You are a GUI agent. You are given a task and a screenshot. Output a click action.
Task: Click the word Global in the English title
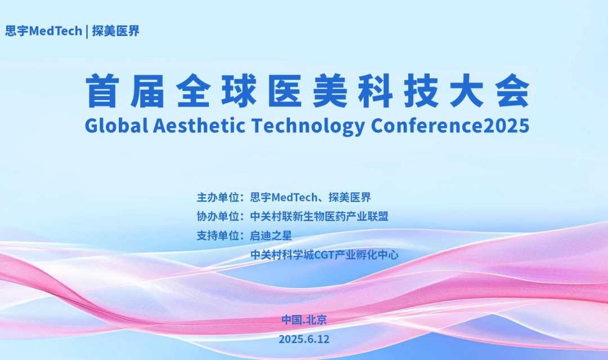(117, 125)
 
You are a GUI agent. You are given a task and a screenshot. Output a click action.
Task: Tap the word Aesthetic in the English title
(199, 125)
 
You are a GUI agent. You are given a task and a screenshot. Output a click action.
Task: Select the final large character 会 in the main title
(513, 91)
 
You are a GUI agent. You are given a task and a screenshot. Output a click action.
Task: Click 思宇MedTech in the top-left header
(43, 31)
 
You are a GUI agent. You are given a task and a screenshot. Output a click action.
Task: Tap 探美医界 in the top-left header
(115, 31)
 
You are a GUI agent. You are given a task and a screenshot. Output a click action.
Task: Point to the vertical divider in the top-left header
(87, 31)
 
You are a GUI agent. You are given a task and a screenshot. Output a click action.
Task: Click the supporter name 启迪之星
(271, 236)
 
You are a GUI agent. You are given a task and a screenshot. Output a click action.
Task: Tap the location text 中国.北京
(304, 319)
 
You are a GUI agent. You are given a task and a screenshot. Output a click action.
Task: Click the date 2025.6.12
(304, 339)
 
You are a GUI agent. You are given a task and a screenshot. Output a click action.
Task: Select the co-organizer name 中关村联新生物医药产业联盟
(319, 216)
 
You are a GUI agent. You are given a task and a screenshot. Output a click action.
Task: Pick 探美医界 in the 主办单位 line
(350, 197)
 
